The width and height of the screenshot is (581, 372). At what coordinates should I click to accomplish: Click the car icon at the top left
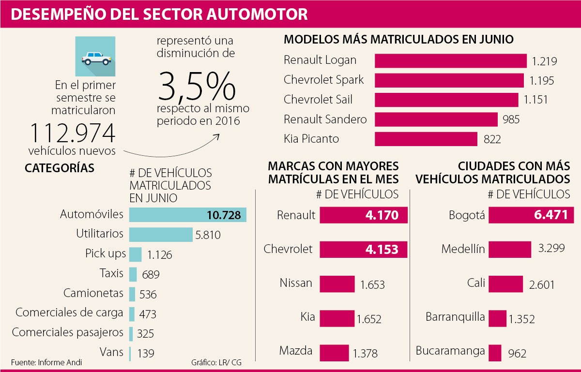pyautogui.click(x=95, y=57)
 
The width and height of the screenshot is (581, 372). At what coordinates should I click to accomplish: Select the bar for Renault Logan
pyautogui.click(x=450, y=60)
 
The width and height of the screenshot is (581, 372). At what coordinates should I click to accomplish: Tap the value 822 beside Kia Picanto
pyautogui.click(x=492, y=140)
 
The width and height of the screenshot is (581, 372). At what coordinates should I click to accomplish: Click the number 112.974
pyautogui.click(x=73, y=133)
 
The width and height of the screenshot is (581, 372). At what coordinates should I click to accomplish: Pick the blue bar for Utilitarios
pyautogui.click(x=161, y=235)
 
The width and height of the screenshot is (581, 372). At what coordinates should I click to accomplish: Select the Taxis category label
pyautogui.click(x=112, y=273)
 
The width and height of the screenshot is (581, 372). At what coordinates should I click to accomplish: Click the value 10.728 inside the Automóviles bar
pyautogui.click(x=223, y=215)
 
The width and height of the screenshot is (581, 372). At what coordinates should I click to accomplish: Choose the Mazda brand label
pyautogui.click(x=296, y=351)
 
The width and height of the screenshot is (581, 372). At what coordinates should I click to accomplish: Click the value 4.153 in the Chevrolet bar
pyautogui.click(x=382, y=250)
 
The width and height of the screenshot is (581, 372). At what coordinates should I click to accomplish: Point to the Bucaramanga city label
pyautogui.click(x=450, y=351)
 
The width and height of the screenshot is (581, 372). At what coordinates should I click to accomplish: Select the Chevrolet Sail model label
pyautogui.click(x=318, y=100)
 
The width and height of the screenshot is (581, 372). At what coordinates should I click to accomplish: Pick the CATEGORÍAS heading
pyautogui.click(x=60, y=168)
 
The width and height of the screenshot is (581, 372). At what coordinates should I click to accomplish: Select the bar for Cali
pyautogui.click(x=505, y=284)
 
